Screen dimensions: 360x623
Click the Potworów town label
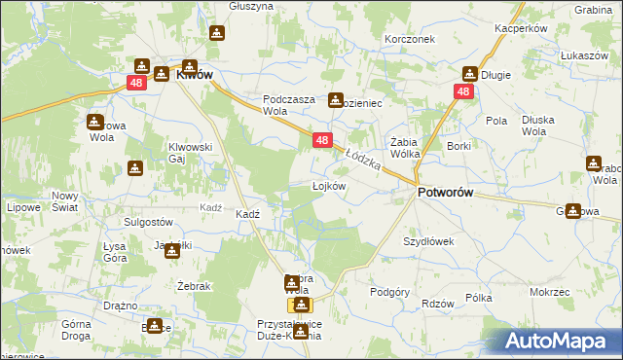[x=445, y=193]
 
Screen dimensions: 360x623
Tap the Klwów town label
[x=195, y=73]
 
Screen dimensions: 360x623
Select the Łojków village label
[x=328, y=185]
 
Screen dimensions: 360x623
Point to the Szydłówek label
[x=429, y=240]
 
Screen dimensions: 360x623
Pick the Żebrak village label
[x=168, y=285]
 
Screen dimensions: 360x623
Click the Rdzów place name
[x=438, y=304]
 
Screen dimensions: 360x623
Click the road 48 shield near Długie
[x=462, y=91]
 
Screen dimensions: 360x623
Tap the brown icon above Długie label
[x=470, y=73]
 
